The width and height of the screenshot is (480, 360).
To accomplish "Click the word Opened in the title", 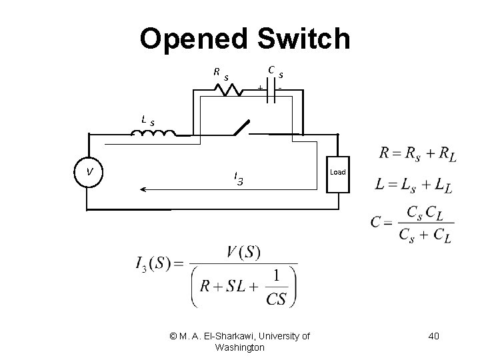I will [x=193, y=39].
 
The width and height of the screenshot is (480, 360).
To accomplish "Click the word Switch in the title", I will [x=301, y=39].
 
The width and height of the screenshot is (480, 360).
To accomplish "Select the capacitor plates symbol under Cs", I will [x=271, y=93].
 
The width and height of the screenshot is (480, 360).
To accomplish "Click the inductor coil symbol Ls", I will [x=153, y=133].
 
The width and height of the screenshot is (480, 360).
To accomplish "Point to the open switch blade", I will [x=239, y=127].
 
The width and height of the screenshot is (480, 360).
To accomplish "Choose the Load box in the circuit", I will [x=338, y=173].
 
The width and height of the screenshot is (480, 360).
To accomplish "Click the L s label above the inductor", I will [x=148, y=121].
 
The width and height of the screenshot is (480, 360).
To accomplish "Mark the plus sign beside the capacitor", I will [x=259, y=87].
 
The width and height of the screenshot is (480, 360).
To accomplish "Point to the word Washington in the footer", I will [x=240, y=347].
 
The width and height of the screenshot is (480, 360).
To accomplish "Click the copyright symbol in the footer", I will [x=174, y=337].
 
